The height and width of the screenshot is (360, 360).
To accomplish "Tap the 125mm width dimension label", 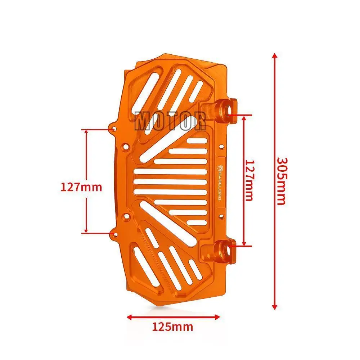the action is [172, 327].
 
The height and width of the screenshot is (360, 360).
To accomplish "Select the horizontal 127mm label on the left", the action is [81, 187].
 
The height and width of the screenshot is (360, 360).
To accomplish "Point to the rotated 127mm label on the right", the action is [249, 180].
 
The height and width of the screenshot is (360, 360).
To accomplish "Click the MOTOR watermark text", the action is [170, 121].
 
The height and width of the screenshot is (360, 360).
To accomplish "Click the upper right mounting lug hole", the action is [229, 111].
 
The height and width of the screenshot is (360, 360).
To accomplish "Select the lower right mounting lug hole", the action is [229, 251].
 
